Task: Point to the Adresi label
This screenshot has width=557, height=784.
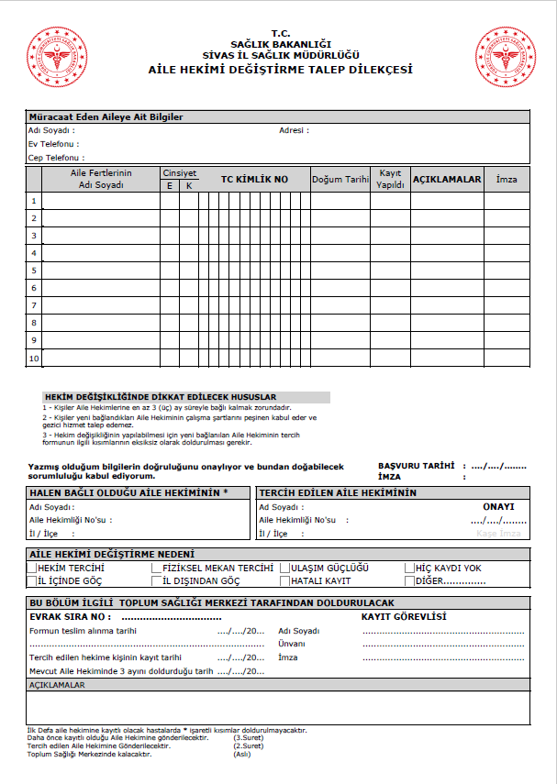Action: (294, 130)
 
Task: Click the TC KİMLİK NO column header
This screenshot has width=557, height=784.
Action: (254, 180)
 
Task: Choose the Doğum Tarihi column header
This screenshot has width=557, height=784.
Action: (340, 180)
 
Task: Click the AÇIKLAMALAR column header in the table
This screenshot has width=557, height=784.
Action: (447, 180)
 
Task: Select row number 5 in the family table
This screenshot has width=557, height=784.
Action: (34, 271)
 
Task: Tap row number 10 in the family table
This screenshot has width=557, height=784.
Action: (34, 359)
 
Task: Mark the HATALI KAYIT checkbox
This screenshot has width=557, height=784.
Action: (285, 581)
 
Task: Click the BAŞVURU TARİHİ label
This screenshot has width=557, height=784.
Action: (416, 466)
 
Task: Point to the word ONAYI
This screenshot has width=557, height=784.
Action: (498, 506)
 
